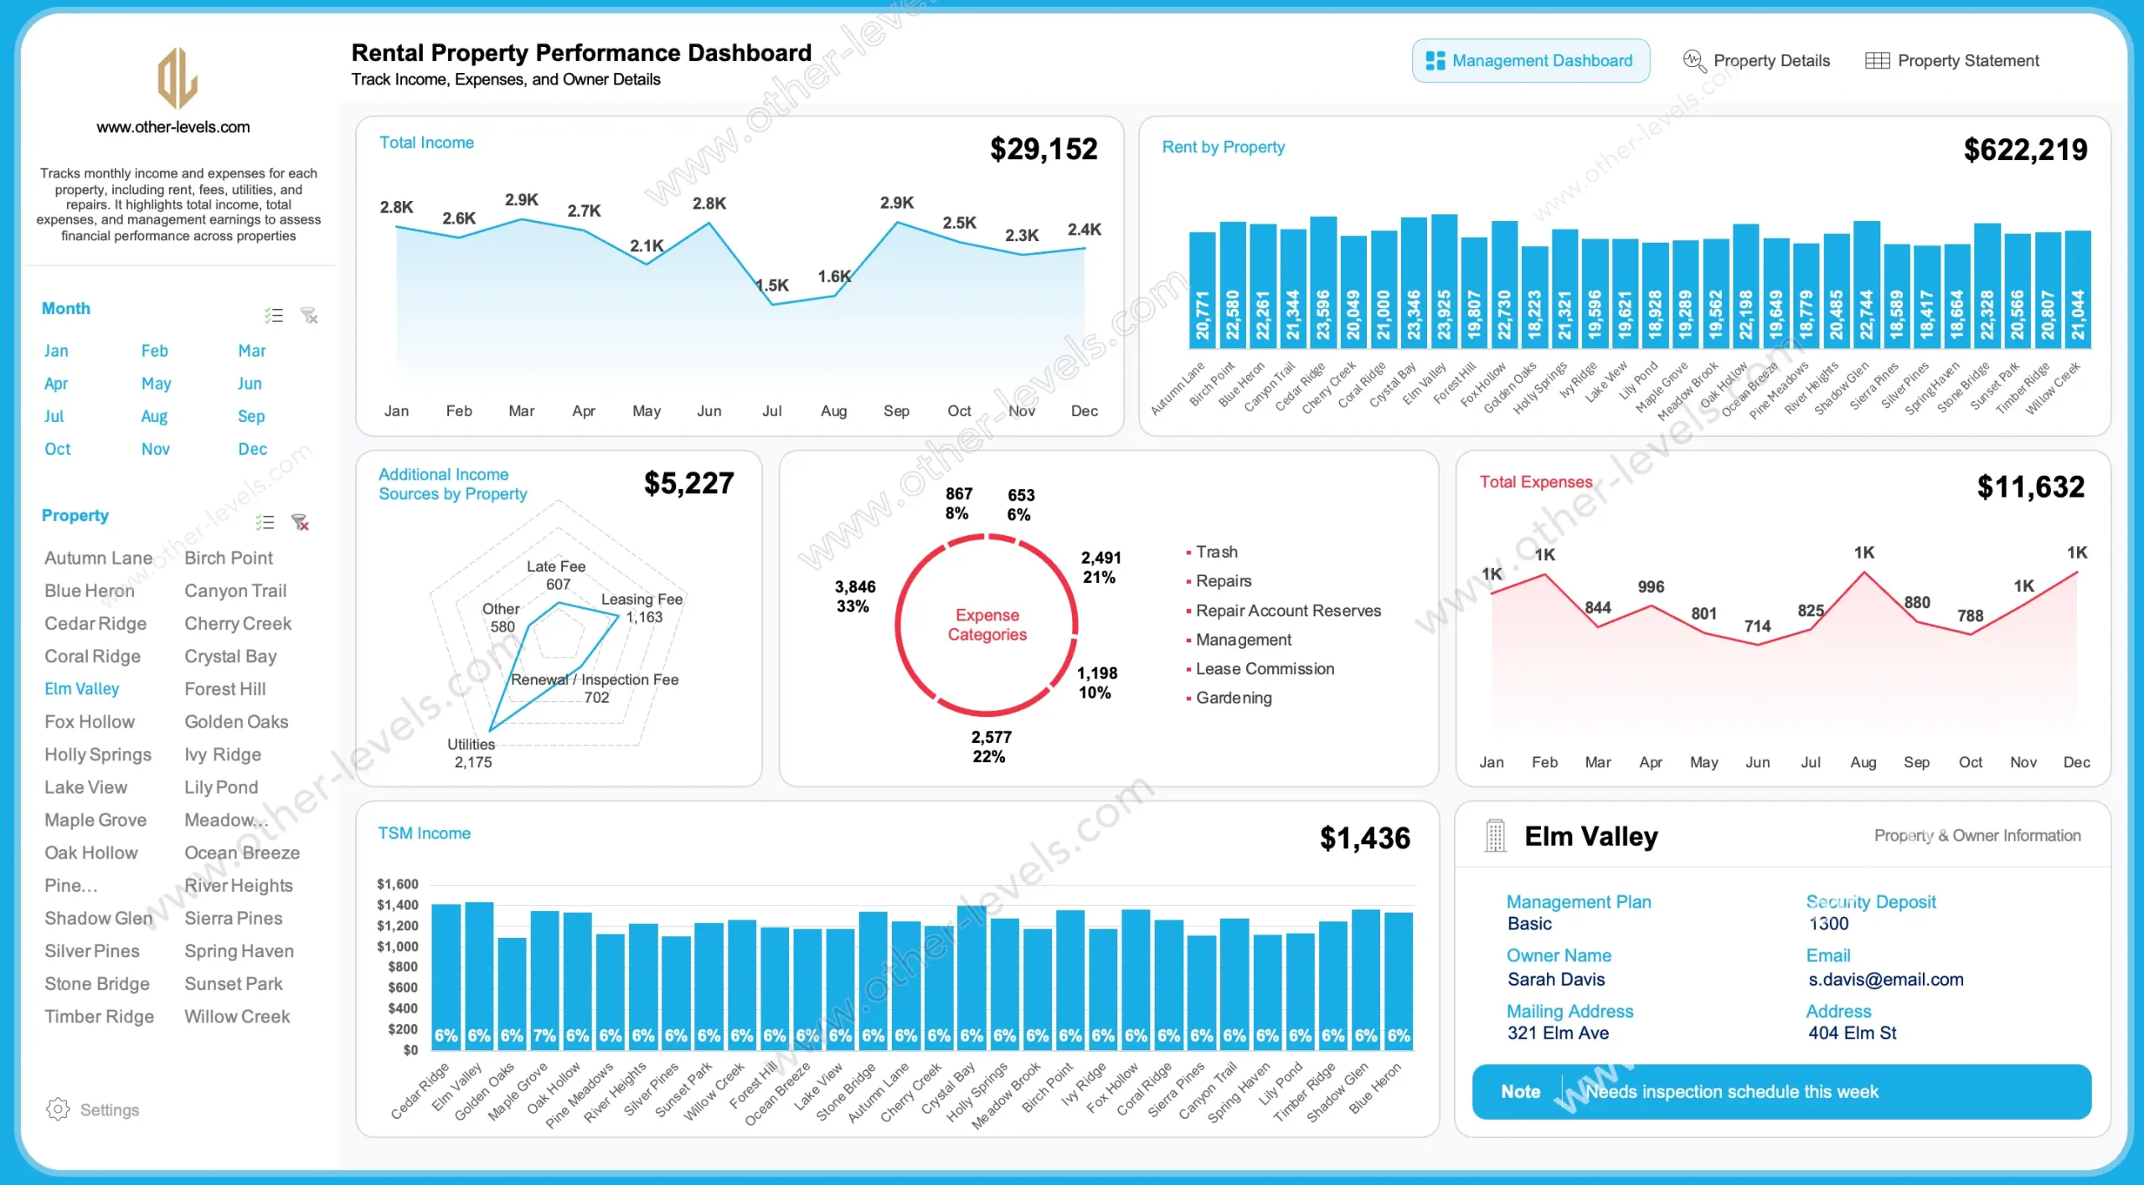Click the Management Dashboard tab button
pyautogui.click(x=1530, y=60)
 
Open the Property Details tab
pyautogui.click(x=1756, y=60)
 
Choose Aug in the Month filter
pyautogui.click(x=154, y=416)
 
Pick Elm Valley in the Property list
pyautogui.click(x=82, y=688)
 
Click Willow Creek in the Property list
pyautogui.click(x=237, y=1016)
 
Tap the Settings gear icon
pyautogui.click(x=58, y=1109)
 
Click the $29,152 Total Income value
pyautogui.click(x=1043, y=149)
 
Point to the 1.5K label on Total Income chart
pyautogui.click(x=772, y=285)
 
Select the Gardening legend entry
pyautogui.click(x=1233, y=698)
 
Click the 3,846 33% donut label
pyautogui.click(x=854, y=596)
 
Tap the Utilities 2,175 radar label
pyautogui.click(x=472, y=753)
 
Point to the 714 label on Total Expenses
pyautogui.click(x=1757, y=626)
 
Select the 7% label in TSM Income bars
pyautogui.click(x=544, y=1035)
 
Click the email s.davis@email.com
pyautogui.click(x=1885, y=979)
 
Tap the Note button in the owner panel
pyautogui.click(x=1520, y=1091)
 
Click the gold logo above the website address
pyautogui.click(x=178, y=78)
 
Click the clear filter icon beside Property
pyautogui.click(x=300, y=523)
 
